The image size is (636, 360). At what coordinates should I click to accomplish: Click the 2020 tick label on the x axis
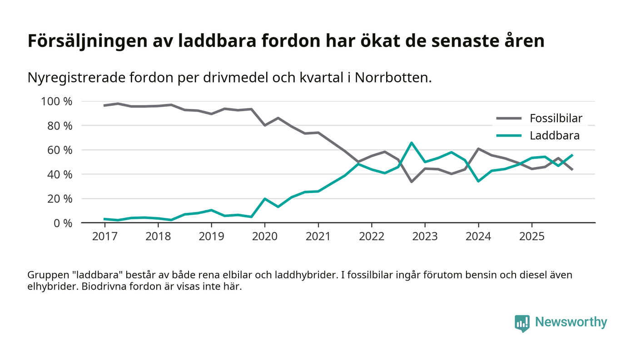(265, 237)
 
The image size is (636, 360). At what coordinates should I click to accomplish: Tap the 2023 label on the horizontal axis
(425, 237)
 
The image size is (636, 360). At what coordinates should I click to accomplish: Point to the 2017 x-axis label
(104, 237)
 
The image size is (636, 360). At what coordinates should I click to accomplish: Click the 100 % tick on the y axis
(57, 101)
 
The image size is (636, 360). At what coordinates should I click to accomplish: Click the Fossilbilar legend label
(556, 119)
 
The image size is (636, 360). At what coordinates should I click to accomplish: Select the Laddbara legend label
(554, 135)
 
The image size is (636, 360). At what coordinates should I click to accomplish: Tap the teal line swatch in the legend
(508, 135)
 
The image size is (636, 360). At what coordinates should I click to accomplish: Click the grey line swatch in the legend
(508, 119)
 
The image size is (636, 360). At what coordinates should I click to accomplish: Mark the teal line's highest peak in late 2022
(412, 143)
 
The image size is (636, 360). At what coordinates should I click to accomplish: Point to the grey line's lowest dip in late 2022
(412, 182)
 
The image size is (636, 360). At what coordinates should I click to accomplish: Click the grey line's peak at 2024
(478, 148)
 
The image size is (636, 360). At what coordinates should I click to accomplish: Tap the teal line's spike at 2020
(265, 199)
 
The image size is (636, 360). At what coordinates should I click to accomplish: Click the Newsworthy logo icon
(522, 323)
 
